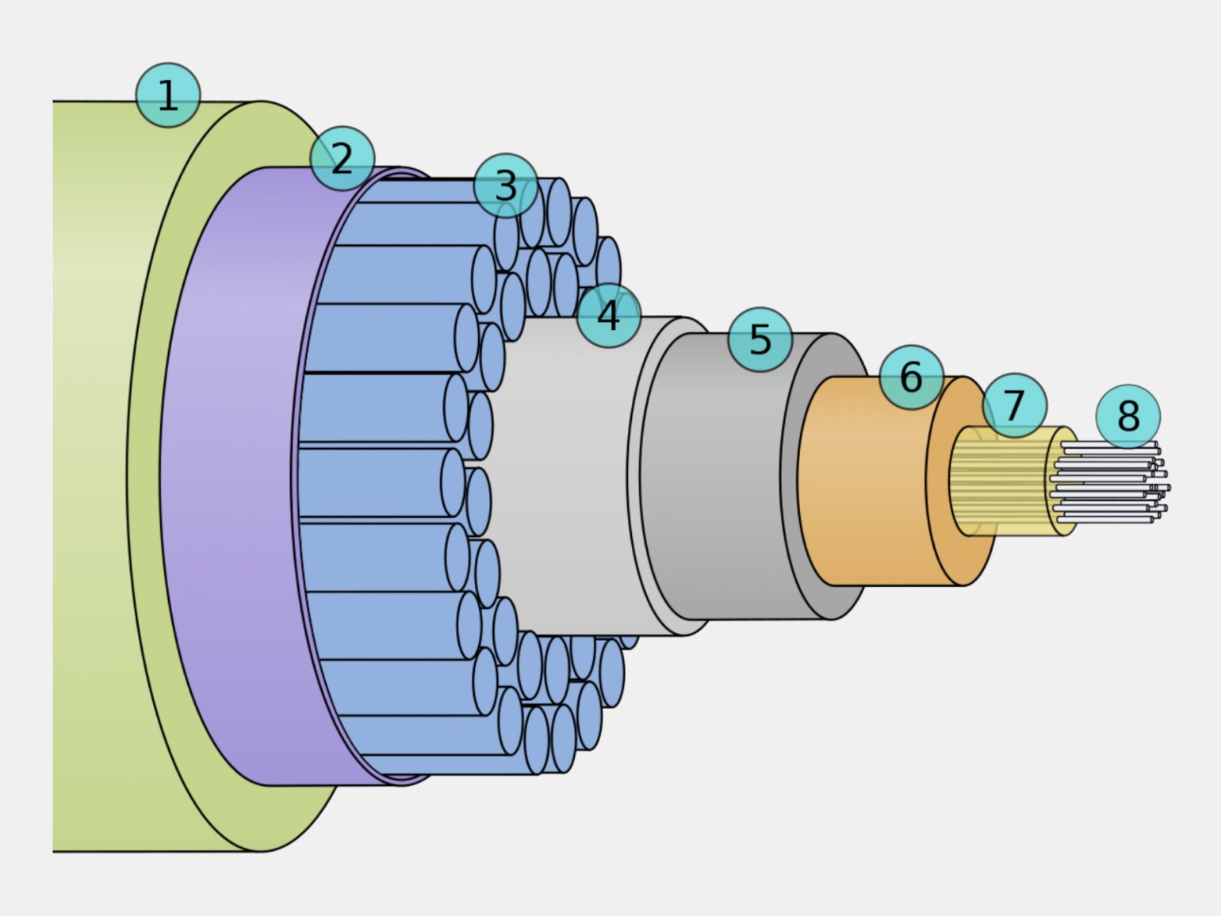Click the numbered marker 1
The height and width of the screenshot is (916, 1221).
click(167, 95)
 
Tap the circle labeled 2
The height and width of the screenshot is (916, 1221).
click(342, 159)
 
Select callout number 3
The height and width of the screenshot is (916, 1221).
click(506, 186)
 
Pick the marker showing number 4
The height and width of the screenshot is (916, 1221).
click(608, 315)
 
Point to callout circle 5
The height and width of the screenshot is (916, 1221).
click(760, 339)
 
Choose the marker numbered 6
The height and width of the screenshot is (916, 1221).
click(911, 377)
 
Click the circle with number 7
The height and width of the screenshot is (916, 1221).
click(1014, 405)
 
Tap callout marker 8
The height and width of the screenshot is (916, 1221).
click(1127, 416)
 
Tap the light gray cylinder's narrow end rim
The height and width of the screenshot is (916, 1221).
click(634, 476)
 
